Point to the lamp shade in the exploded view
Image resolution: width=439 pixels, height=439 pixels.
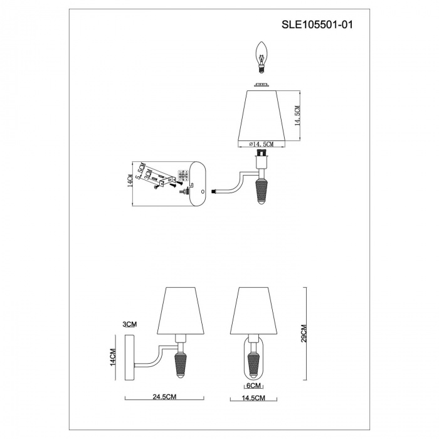(x=263, y=115)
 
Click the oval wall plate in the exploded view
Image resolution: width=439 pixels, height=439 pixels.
(x=196, y=183)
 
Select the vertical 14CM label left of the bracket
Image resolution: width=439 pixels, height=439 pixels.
(x=130, y=181)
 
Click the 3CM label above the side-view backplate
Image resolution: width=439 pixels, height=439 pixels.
(x=130, y=324)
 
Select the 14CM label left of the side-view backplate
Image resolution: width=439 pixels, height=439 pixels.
(x=113, y=357)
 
